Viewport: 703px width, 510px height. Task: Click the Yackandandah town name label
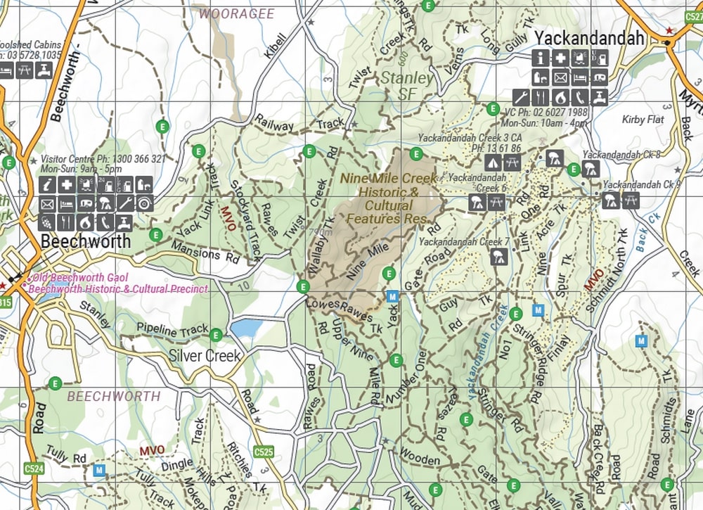(589, 38)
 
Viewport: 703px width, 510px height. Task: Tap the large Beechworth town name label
(86, 241)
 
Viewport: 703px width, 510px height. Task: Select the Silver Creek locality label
(205, 355)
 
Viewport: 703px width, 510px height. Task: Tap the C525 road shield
(264, 451)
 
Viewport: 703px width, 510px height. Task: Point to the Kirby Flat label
(643, 120)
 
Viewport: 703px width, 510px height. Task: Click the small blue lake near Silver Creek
(245, 328)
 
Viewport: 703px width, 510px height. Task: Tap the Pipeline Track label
(173, 329)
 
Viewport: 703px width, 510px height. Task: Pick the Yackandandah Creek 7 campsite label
(463, 242)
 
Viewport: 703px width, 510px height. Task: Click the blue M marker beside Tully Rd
(100, 468)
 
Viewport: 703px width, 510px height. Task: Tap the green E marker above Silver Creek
(216, 335)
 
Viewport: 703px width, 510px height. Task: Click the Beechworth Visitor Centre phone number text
(103, 159)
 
